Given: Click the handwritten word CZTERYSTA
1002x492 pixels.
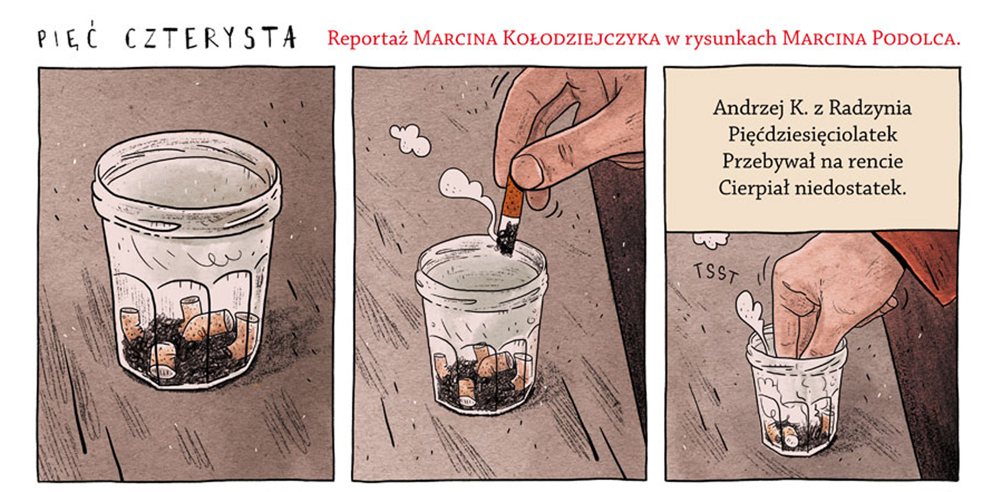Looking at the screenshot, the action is click(211, 37).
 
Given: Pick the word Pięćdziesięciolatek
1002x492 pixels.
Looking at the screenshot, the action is click(812, 135).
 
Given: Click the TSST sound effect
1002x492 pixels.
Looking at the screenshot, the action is click(715, 272).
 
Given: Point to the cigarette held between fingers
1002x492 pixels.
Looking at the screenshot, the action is click(509, 215).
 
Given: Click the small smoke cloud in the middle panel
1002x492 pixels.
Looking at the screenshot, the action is click(410, 139).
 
